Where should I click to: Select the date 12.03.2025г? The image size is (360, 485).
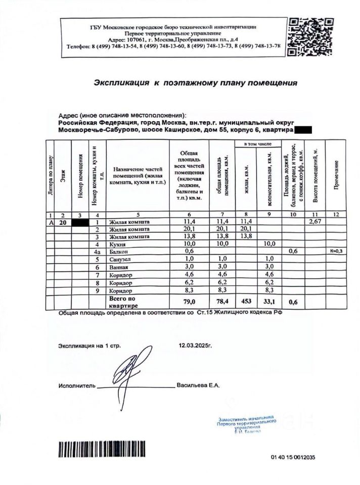(196, 346)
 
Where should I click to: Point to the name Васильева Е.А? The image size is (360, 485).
(198, 385)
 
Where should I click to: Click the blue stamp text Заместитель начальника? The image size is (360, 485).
(246, 419)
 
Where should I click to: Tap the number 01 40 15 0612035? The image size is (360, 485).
(293, 457)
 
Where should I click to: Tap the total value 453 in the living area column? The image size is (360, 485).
(246, 302)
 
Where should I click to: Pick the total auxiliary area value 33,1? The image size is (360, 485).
(270, 302)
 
